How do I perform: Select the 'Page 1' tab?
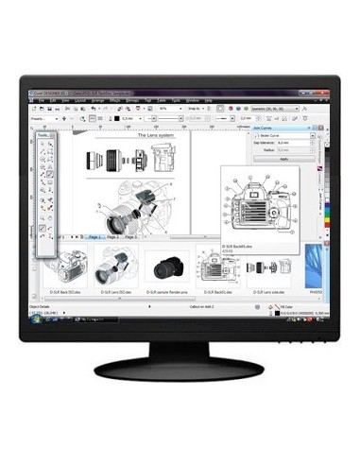coord(95,236)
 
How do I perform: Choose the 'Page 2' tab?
coord(113,236)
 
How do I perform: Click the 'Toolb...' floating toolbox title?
coord(43,135)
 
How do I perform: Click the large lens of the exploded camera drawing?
coord(119,222)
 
